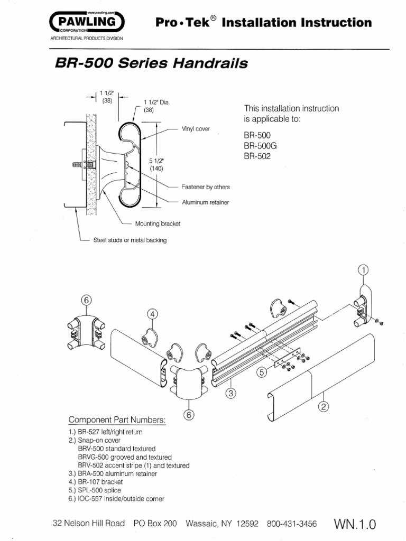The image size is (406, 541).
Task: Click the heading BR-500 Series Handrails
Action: pyautogui.click(x=151, y=64)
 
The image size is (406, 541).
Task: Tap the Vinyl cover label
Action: pyautogui.click(x=196, y=128)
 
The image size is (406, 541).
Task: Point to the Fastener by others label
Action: pyautogui.click(x=205, y=187)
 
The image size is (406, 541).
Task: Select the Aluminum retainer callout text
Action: pyautogui.click(x=205, y=202)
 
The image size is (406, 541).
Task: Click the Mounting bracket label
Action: pyautogui.click(x=158, y=223)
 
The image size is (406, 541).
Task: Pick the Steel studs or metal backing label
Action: pyautogui.click(x=130, y=240)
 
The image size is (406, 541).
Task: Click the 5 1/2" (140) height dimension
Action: pyautogui.click(x=156, y=164)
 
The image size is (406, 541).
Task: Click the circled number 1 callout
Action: pyautogui.click(x=362, y=270)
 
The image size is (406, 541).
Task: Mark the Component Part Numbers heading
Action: pyautogui.click(x=117, y=420)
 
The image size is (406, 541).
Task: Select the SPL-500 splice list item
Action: pyautogui.click(x=94, y=490)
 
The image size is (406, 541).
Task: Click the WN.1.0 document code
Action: pyautogui.click(x=354, y=525)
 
